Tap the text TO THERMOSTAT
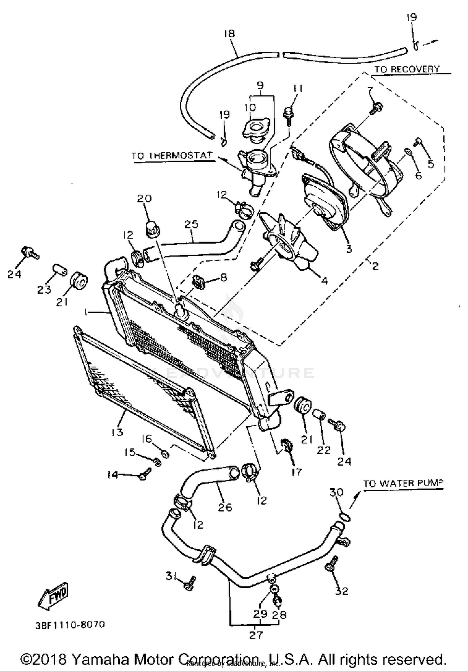coord(172,155)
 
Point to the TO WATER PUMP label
coord(403,483)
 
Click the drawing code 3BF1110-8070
coord(70,625)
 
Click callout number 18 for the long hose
coord(229,33)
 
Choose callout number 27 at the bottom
coord(256,635)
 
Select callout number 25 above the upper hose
coord(191,224)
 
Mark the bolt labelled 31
coord(189,583)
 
